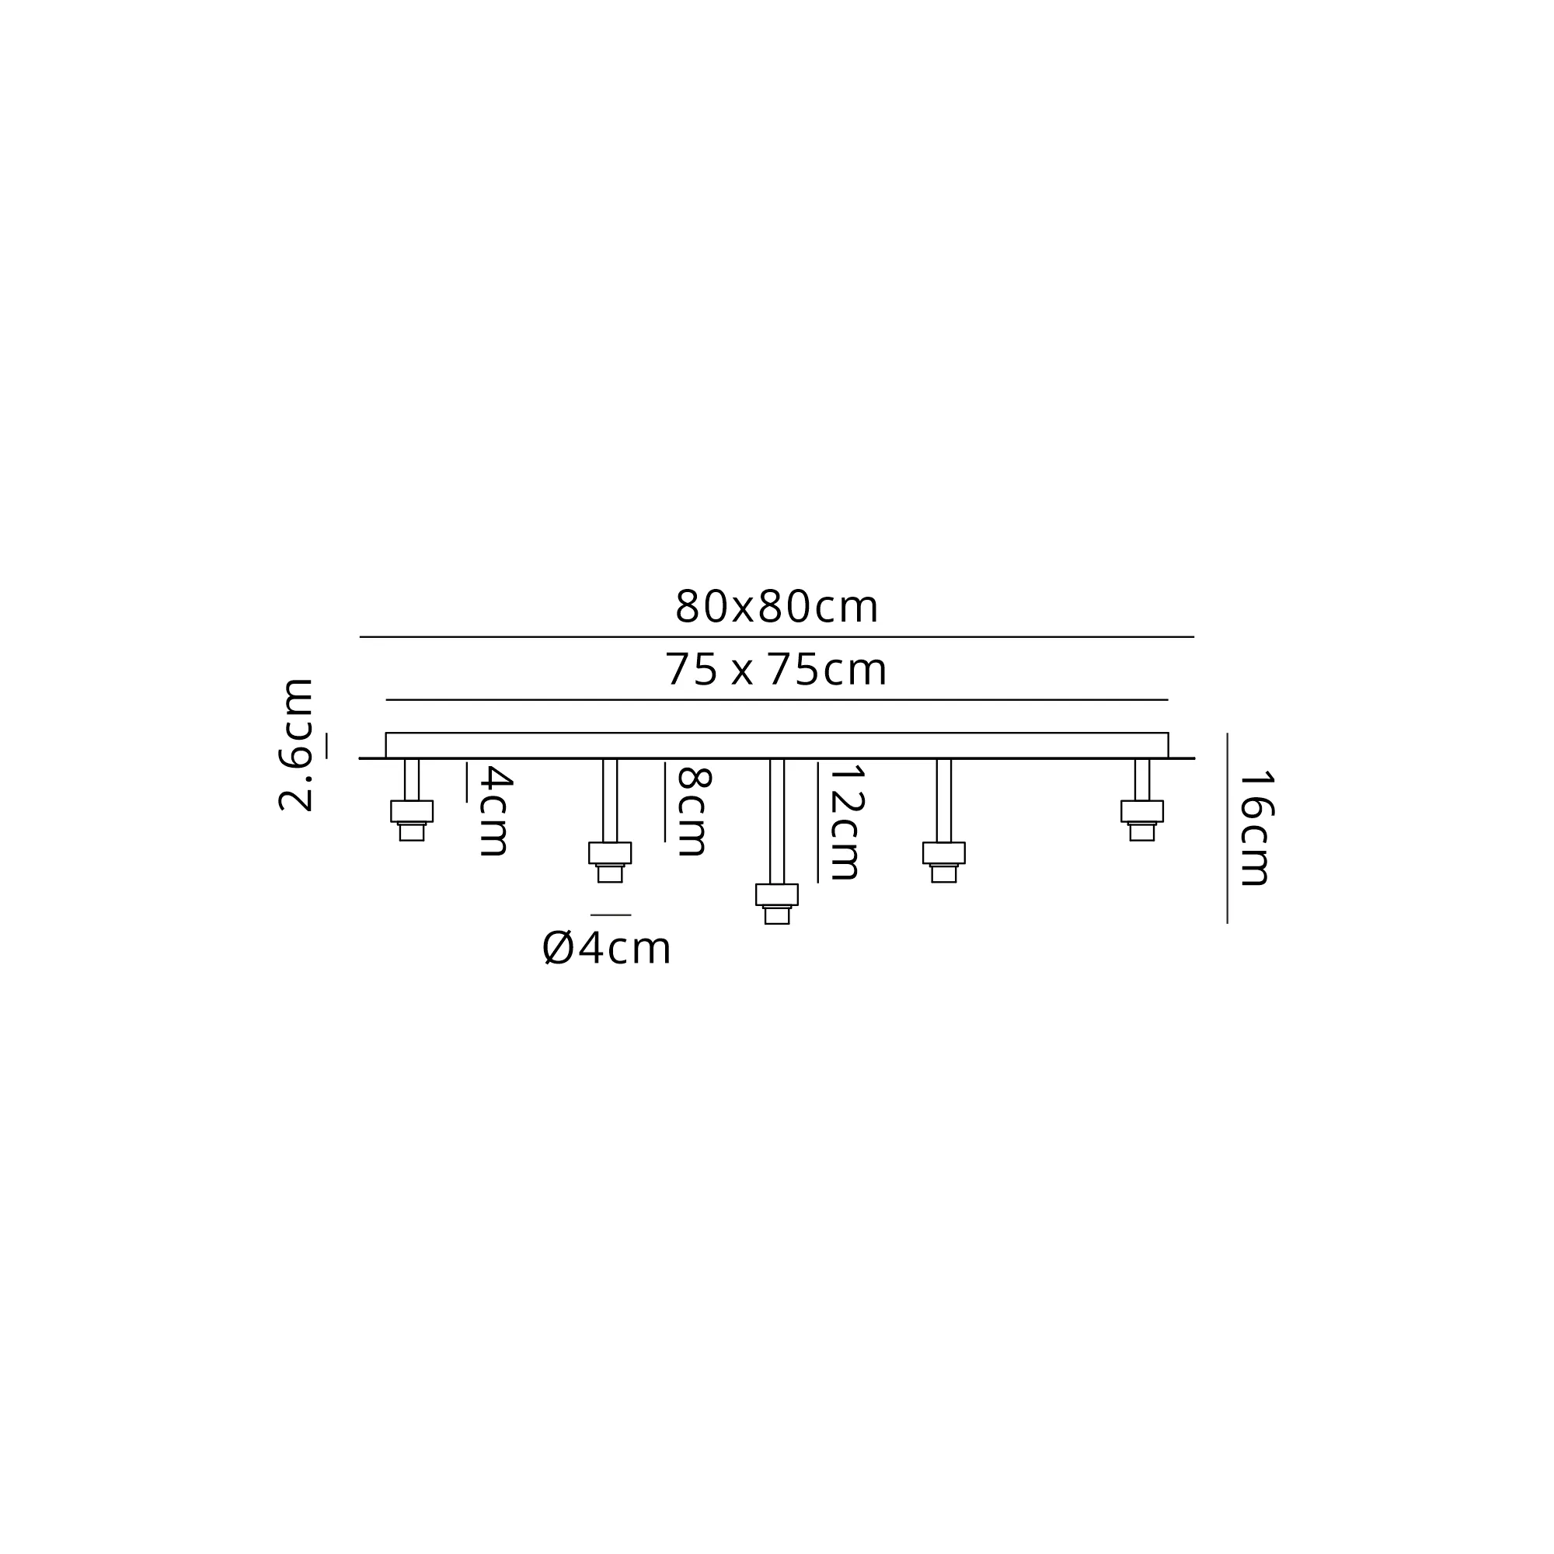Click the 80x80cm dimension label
coord(776,607)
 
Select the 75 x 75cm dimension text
coord(775,669)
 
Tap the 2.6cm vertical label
coord(294,745)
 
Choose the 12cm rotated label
coord(845,822)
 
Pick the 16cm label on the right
coord(1255,828)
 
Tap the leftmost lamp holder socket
coord(412,821)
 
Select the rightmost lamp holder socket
coord(1141,821)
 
